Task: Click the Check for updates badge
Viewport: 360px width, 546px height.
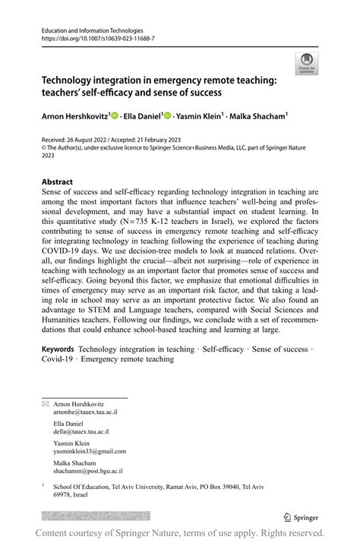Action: [x=307, y=62]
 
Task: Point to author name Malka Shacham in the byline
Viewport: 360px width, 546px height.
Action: [x=261, y=116]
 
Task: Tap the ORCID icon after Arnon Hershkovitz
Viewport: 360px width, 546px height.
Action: [x=115, y=116]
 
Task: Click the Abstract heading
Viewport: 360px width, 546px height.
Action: [x=58, y=182]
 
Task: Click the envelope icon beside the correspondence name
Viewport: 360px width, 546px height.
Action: [x=46, y=404]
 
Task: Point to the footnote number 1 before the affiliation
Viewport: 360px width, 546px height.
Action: [x=44, y=484]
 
